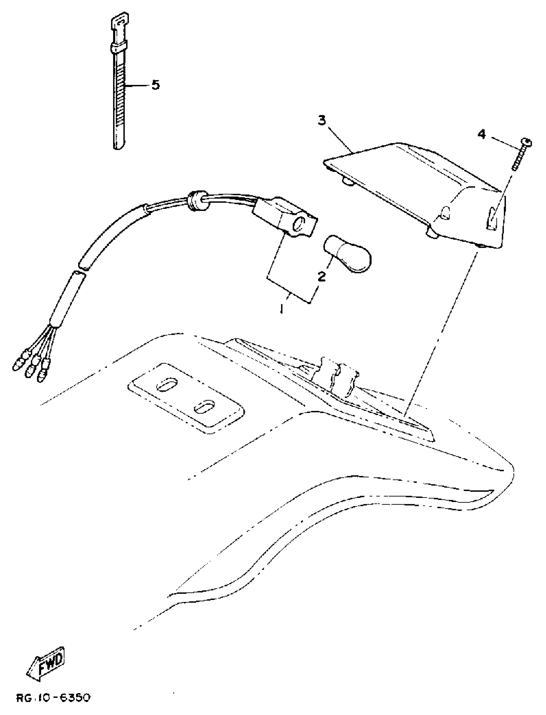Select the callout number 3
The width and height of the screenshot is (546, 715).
click(x=321, y=121)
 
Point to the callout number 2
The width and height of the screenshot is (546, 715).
click(x=321, y=277)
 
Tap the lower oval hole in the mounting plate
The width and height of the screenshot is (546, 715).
click(x=204, y=407)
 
